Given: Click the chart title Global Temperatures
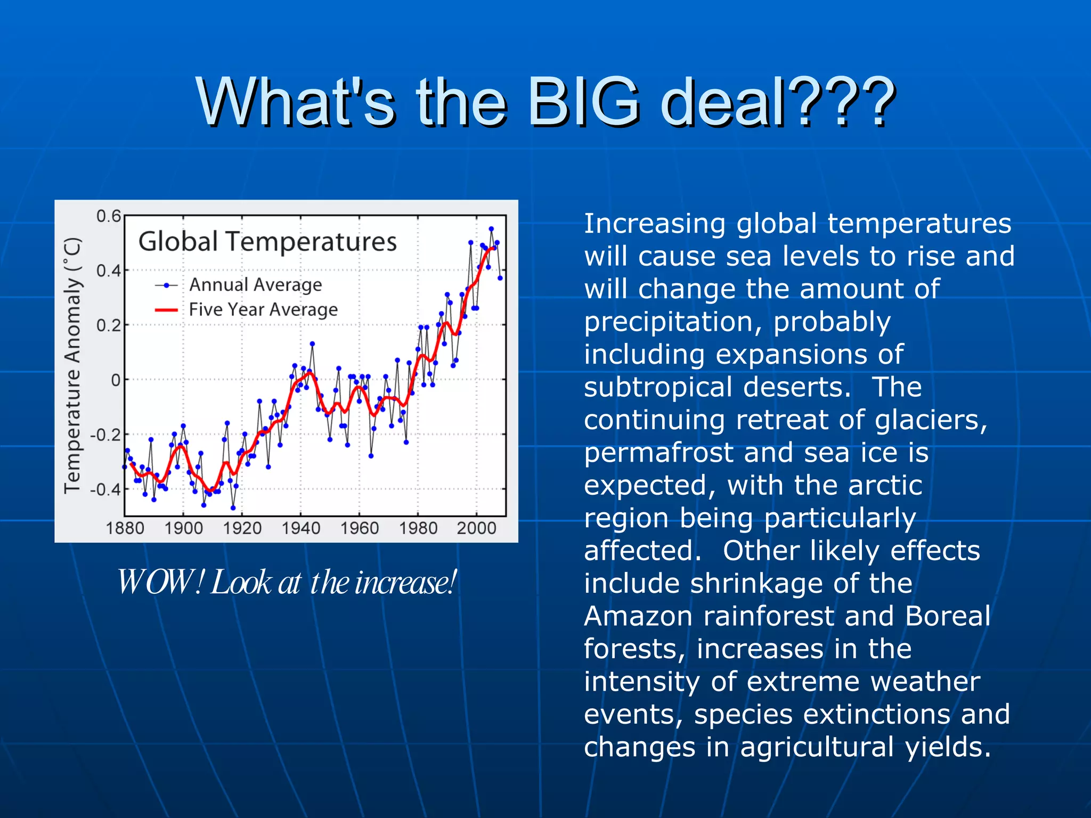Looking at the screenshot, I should (267, 241).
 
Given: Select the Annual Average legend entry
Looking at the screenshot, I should (255, 285).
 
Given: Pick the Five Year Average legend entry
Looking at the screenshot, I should (263, 309).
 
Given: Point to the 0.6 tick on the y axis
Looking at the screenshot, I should (109, 216).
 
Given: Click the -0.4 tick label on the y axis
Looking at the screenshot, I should (105, 489).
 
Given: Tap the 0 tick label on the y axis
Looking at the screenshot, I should (116, 380).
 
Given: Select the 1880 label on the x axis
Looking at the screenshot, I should (125, 528).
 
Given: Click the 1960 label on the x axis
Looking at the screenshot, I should (360, 528).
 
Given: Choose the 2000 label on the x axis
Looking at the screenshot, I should (476, 528).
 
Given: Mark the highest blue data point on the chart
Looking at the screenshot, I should (491, 229).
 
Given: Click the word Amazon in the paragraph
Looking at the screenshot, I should (638, 616).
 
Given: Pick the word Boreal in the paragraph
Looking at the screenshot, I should (948, 616).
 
